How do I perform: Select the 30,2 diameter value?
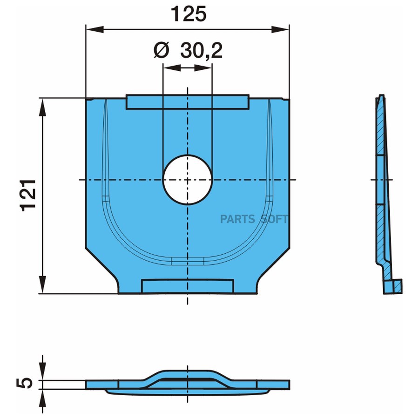pos(201,50)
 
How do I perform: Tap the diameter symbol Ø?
pos(162,50)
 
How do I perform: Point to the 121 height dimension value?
pos(29,196)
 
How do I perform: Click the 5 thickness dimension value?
pos(25,383)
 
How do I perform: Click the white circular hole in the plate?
pos(188,180)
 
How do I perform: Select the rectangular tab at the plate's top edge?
pos(188,102)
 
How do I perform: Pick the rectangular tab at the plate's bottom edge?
pos(188,286)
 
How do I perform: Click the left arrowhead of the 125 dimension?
pos(95,29)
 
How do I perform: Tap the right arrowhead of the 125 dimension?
pos(280,29)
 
